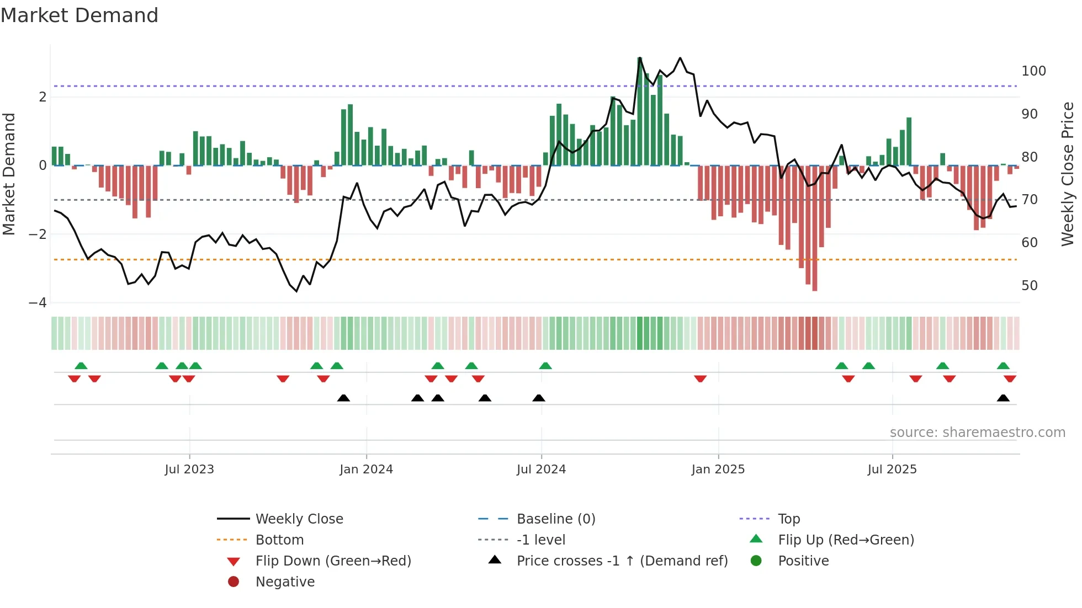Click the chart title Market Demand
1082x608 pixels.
(x=79, y=15)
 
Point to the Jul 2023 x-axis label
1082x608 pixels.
(x=189, y=470)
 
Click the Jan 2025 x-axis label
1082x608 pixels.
(x=718, y=470)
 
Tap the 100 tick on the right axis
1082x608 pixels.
(x=1033, y=71)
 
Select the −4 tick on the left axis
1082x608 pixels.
(x=38, y=303)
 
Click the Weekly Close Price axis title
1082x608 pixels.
(x=1068, y=174)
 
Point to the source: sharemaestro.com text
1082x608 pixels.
(x=977, y=433)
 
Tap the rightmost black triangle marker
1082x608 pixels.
(x=1003, y=398)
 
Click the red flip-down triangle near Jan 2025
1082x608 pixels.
(x=701, y=378)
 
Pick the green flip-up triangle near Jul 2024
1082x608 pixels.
(x=545, y=366)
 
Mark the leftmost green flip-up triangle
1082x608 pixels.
(x=81, y=366)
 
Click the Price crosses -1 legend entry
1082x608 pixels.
(x=622, y=561)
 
